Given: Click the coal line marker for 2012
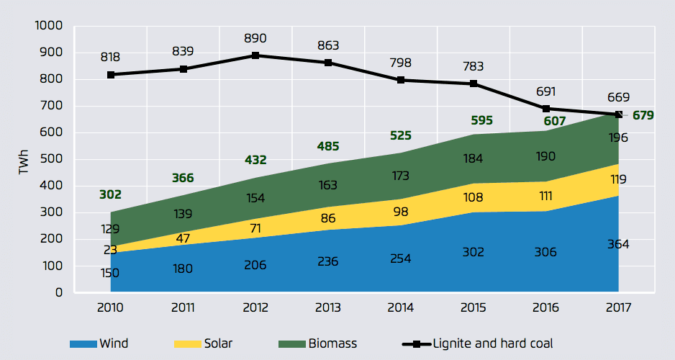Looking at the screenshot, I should (x=255, y=55).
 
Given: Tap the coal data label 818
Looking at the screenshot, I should (x=110, y=58).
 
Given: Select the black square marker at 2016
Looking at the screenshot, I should (x=545, y=109).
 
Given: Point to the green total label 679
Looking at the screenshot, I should (x=643, y=114).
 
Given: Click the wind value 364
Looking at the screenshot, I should (x=617, y=244).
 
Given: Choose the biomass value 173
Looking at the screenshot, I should (x=400, y=175).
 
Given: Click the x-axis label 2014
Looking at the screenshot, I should (x=401, y=307).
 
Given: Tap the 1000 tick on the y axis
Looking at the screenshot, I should (x=49, y=26).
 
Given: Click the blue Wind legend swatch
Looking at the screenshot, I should (x=83, y=343).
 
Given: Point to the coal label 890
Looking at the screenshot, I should (x=255, y=38).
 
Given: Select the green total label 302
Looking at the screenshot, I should (x=110, y=194).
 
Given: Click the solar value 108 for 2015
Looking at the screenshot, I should (x=473, y=197).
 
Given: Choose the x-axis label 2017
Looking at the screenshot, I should (x=618, y=307).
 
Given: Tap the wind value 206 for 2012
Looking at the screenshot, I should (x=255, y=265).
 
